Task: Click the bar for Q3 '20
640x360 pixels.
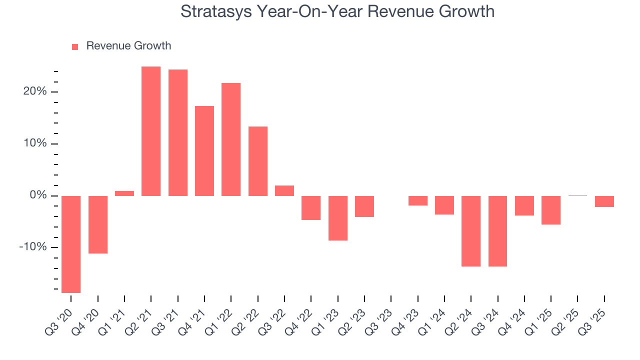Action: (71, 244)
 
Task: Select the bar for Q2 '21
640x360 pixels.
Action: (151, 131)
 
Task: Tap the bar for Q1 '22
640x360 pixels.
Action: (231, 139)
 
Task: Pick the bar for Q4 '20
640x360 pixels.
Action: (98, 224)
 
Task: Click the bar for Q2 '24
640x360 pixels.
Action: (471, 231)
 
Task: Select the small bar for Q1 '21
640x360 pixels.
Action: (124, 193)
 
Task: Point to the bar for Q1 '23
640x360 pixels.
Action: (338, 218)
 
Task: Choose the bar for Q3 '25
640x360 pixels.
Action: (604, 201)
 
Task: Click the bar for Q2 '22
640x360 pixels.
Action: (258, 161)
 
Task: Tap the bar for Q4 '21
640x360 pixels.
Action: (204, 150)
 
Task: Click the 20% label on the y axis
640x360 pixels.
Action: (34, 91)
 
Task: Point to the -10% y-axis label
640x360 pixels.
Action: (33, 247)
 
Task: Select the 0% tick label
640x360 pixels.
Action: (37, 195)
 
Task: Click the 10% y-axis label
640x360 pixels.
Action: (34, 143)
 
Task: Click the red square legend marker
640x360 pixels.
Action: (75, 47)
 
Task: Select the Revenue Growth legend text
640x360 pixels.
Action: (128, 46)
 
